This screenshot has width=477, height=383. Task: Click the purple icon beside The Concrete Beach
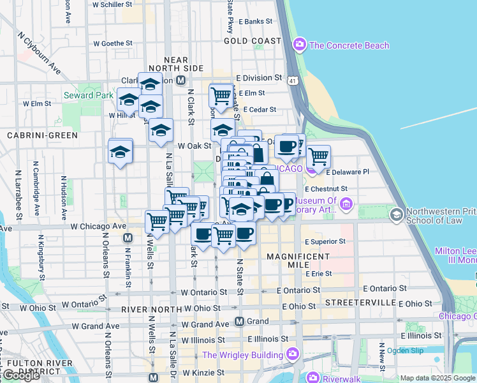pyautogui.click(x=298, y=45)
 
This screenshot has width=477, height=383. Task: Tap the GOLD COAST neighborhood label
pyautogui.click(x=252, y=41)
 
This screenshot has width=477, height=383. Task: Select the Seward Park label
pyautogui.click(x=88, y=96)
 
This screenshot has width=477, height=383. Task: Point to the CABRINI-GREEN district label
pyautogui.click(x=42, y=135)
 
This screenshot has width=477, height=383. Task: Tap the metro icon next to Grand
pyautogui.click(x=240, y=321)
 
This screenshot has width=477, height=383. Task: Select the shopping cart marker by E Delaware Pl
pyautogui.click(x=318, y=156)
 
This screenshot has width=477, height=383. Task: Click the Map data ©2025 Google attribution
pyautogui.click(x=437, y=378)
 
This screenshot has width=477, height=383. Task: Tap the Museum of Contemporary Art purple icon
pyautogui.click(x=346, y=204)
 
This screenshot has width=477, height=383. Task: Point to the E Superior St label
pyautogui.click(x=325, y=242)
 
